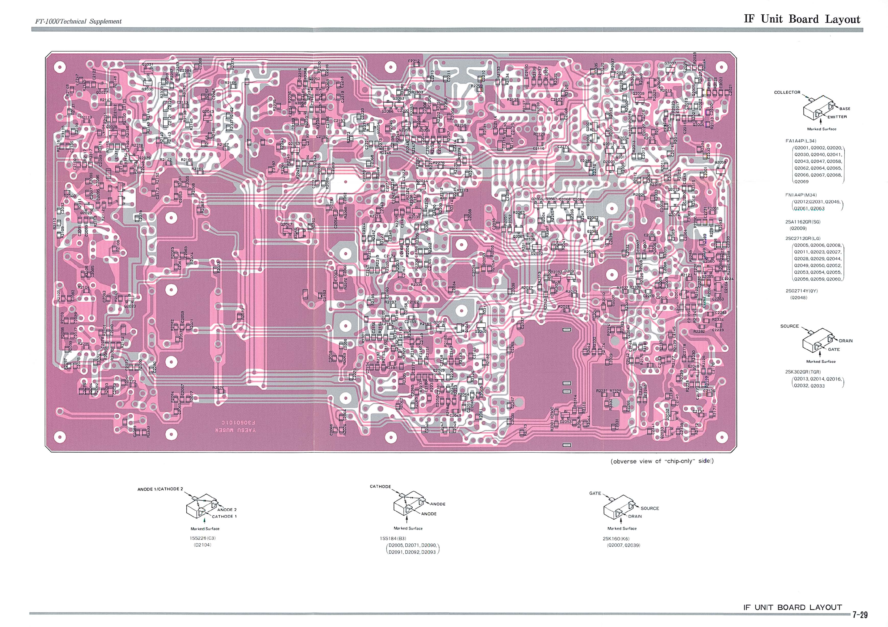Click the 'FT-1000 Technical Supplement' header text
click(x=78, y=21)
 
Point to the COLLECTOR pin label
click(x=787, y=92)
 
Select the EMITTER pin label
click(x=837, y=117)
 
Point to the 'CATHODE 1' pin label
click(x=224, y=516)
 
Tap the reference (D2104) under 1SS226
click(x=202, y=545)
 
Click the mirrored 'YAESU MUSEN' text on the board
click(x=236, y=430)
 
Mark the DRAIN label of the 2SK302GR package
click(x=845, y=341)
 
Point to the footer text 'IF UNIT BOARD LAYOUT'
click(x=793, y=607)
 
